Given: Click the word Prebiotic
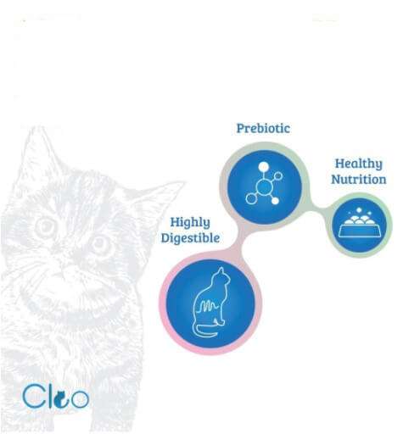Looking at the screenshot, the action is point(263,129).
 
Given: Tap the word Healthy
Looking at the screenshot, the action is point(358,164).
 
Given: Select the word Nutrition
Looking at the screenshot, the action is point(358,180).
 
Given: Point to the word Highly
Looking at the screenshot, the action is point(190,223).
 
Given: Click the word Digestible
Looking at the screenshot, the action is point(190,238).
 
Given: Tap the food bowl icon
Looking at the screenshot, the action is point(359,223).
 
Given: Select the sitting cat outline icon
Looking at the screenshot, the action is point(211,303).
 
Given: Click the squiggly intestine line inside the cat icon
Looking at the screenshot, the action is point(209,306).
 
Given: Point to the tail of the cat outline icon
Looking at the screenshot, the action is point(204,332).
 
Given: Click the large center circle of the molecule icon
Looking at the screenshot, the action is point(264,186).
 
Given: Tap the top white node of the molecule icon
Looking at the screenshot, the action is point(263,167).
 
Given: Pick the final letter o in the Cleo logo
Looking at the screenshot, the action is point(80,399).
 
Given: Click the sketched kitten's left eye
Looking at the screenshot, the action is point(45,226).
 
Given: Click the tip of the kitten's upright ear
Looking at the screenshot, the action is point(38,128).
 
